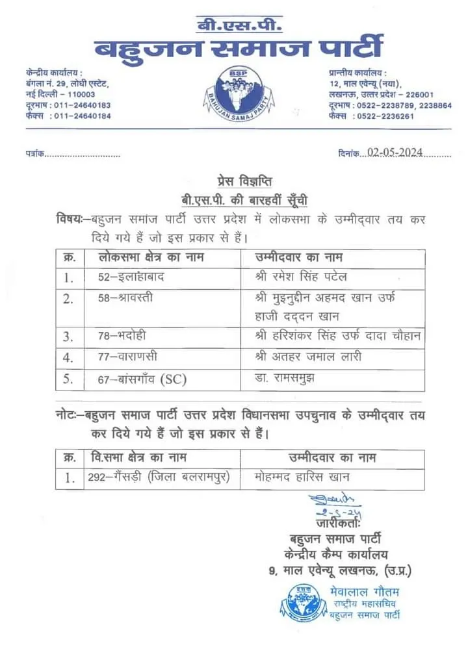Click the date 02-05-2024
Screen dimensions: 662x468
pyautogui.click(x=395, y=153)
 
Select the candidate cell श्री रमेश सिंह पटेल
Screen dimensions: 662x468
pyautogui.click(x=302, y=277)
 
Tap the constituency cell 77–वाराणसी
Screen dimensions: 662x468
pyautogui.click(x=123, y=357)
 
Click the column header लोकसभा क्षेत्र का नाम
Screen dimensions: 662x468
pyautogui.click(x=151, y=257)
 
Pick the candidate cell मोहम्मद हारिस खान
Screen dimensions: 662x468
pyautogui.click(x=303, y=477)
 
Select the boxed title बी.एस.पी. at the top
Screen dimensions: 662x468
pyautogui.click(x=240, y=26)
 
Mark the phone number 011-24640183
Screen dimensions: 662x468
pyautogui.click(x=83, y=105)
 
